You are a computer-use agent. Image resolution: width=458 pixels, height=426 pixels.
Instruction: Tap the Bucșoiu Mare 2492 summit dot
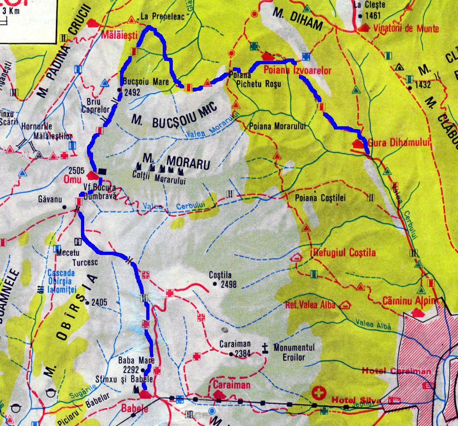119,90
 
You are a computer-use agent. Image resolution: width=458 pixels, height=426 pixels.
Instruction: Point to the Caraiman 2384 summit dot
230,354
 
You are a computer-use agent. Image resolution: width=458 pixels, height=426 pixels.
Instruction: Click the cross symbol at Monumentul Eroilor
265,347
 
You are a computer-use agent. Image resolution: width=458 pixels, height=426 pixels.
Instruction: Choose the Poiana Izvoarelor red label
297,71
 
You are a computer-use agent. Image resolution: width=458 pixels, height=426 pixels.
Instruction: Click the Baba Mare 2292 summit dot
143,370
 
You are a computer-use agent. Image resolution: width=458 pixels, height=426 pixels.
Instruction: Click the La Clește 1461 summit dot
359,16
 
